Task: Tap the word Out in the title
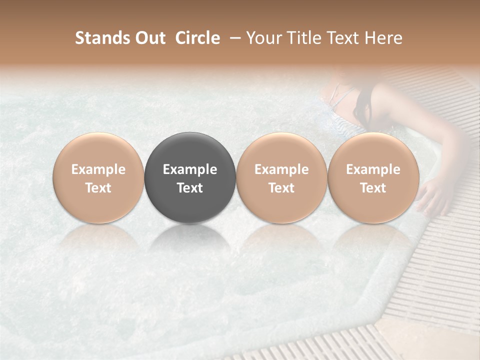click(x=149, y=38)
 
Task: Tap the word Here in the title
click(x=383, y=38)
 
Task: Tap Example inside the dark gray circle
click(x=190, y=169)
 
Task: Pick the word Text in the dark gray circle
click(x=190, y=188)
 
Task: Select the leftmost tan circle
click(x=98, y=150)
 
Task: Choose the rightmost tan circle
click(x=373, y=150)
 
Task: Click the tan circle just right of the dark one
click(x=281, y=150)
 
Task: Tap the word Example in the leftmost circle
click(x=98, y=169)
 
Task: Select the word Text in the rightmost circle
click(x=373, y=188)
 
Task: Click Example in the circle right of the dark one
click(x=281, y=169)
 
